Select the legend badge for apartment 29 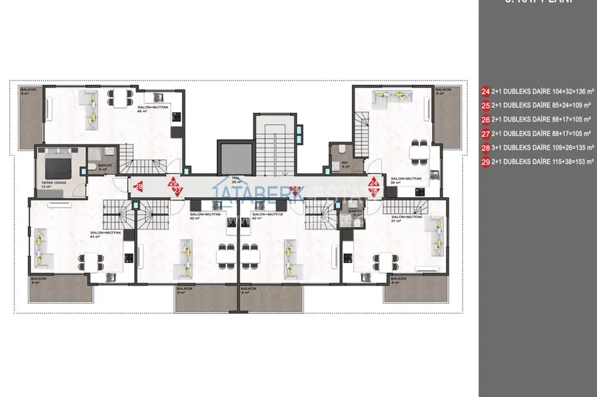tap(485, 162)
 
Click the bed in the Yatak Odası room tap(55, 168)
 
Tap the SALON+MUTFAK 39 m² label tap(401, 180)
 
